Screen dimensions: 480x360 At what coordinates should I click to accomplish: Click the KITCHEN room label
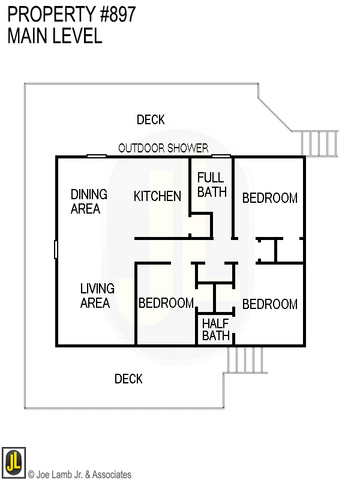(x=157, y=196)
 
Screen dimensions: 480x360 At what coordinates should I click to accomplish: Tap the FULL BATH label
(x=211, y=184)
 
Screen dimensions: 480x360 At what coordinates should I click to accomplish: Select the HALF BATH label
(x=216, y=329)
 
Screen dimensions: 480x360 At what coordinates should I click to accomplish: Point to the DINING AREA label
(x=89, y=202)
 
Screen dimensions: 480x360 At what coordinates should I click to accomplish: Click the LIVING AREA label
(x=97, y=296)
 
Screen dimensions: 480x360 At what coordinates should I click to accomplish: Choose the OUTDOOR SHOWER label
(x=163, y=148)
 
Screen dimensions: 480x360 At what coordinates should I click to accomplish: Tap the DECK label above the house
(x=151, y=120)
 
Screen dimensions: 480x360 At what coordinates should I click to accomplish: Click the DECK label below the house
(x=128, y=379)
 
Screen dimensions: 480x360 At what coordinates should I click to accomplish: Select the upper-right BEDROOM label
(x=269, y=198)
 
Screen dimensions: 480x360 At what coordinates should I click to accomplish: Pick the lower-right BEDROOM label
(x=269, y=304)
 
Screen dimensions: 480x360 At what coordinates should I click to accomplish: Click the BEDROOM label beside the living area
(x=166, y=303)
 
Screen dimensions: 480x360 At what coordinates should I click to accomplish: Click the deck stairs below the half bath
(x=245, y=359)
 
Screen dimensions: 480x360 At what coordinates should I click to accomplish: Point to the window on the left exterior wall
(x=56, y=249)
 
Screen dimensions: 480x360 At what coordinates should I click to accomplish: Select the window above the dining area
(x=96, y=157)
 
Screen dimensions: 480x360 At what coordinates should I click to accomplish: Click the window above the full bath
(x=221, y=157)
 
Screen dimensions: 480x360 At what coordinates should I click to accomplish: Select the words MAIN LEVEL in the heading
(x=55, y=36)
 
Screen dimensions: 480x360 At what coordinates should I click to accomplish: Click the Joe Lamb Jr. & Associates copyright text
(x=79, y=475)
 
